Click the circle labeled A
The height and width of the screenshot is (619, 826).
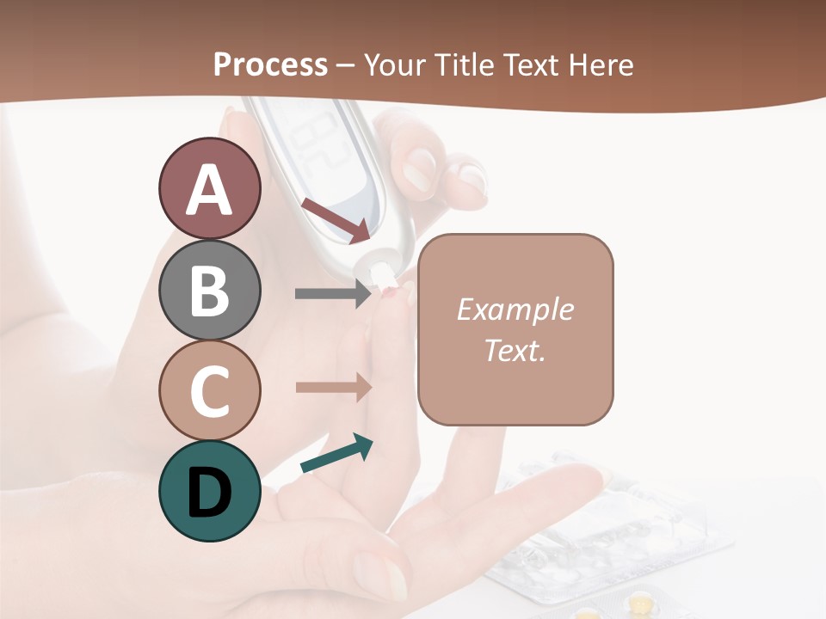point(209,188)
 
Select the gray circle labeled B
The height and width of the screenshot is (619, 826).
point(209,290)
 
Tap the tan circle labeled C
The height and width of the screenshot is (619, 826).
point(209,390)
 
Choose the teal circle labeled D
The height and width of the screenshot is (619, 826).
point(209,491)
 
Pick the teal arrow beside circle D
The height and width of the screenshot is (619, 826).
point(336,455)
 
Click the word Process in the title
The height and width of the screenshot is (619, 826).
point(270,64)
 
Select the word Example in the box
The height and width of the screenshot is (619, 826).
point(515,309)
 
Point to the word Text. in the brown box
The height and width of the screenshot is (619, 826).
point(515,350)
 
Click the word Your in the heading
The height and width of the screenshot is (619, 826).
point(397,64)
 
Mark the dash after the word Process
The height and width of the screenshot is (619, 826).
point(345,66)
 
